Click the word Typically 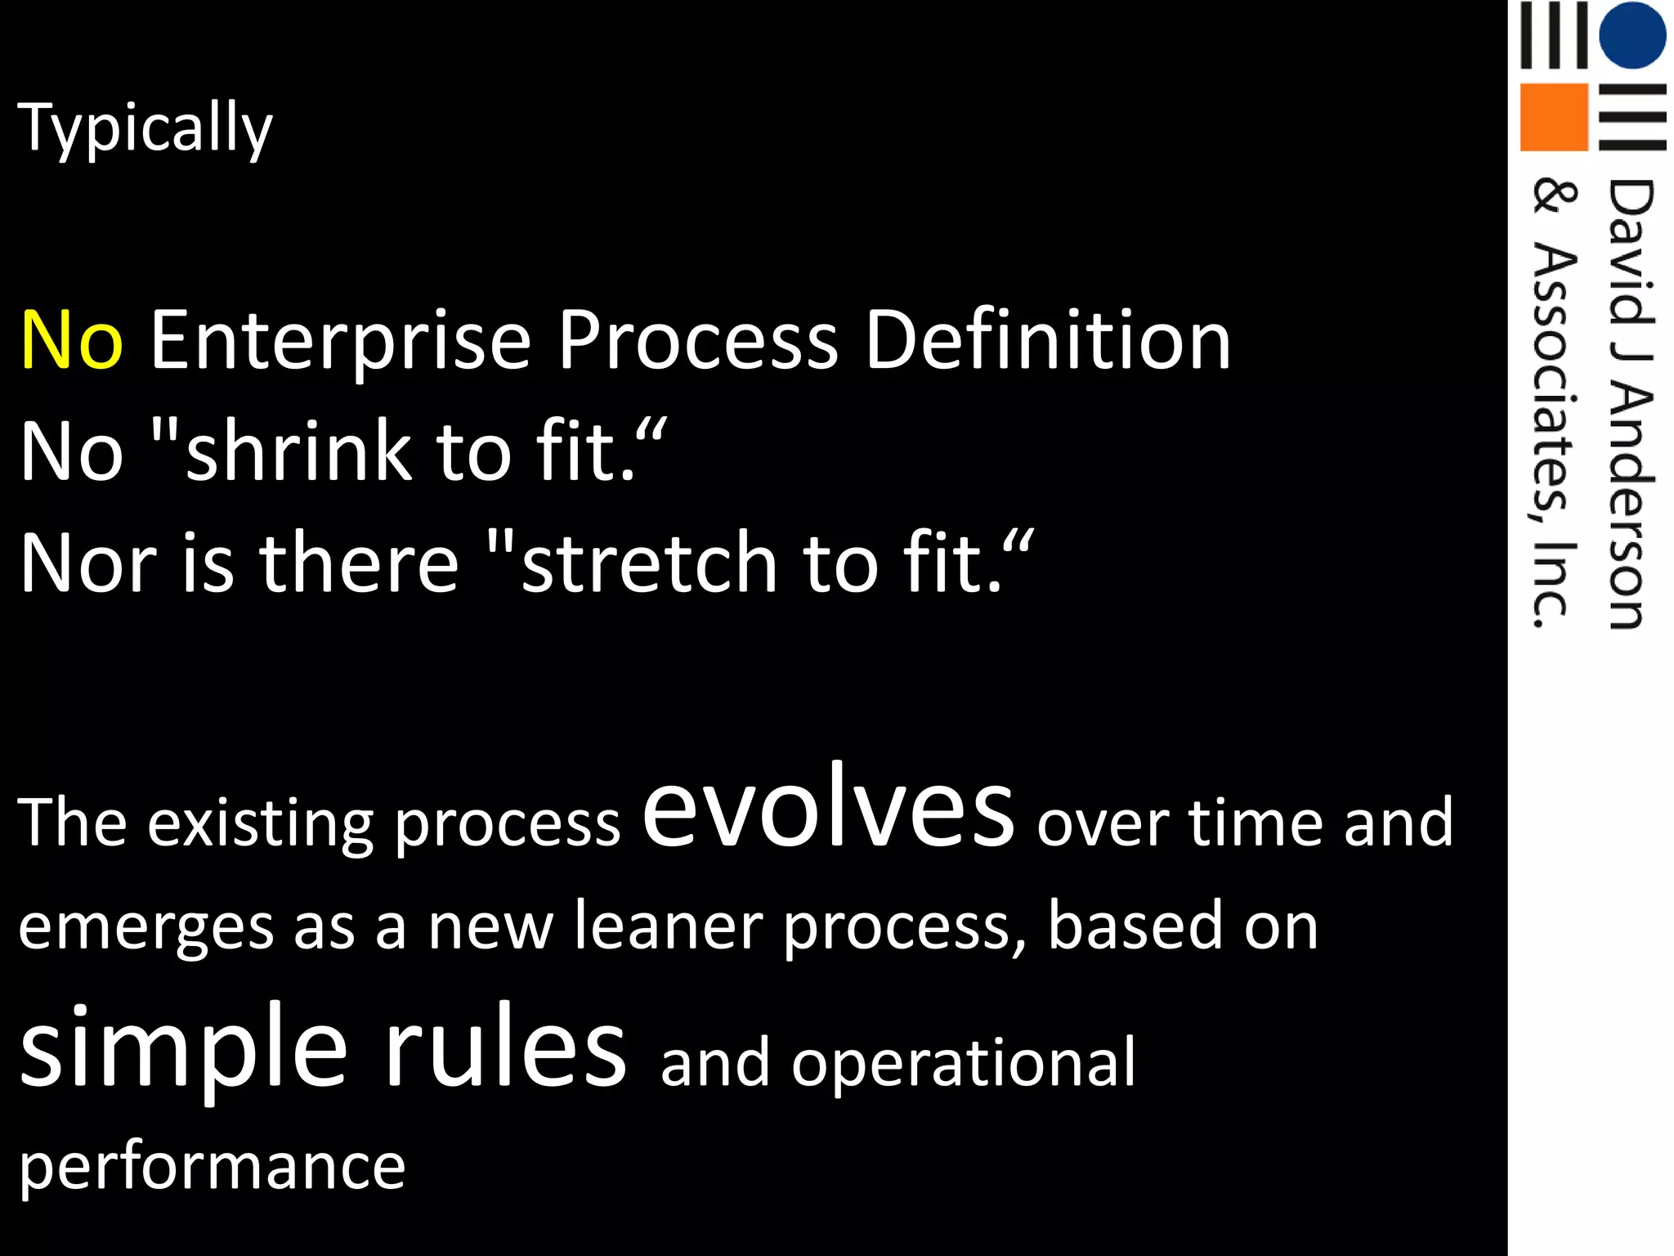(145, 128)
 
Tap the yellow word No (72, 340)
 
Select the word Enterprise (340, 340)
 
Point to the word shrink (298, 451)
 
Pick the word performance (212, 1167)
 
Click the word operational (963, 1063)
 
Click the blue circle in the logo (1631, 34)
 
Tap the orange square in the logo (1553, 117)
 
